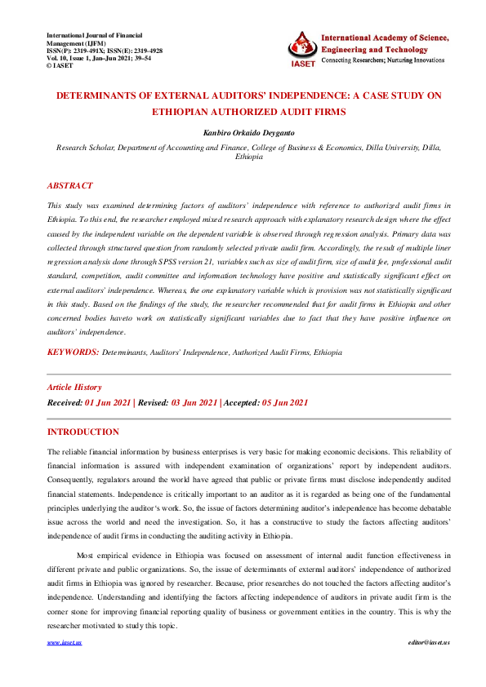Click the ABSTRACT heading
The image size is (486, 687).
pos(70,186)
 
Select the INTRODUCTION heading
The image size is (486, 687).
pos(83,432)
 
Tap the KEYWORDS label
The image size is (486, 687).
pos(73,352)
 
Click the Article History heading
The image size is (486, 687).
pos(74,388)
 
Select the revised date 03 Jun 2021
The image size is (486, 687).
pos(194,402)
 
